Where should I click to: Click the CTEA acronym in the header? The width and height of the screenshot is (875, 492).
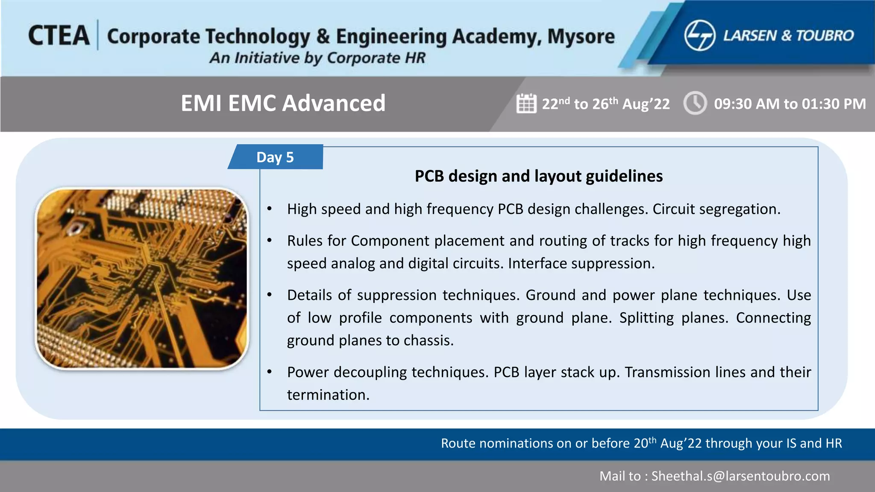(59, 35)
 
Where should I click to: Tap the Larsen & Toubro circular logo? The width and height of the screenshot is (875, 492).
(699, 36)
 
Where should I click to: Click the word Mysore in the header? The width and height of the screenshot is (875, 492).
(581, 37)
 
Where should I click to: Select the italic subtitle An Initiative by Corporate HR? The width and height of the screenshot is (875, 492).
(317, 58)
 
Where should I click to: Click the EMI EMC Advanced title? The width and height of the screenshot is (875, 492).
(283, 103)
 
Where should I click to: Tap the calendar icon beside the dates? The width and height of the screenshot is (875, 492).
(526, 103)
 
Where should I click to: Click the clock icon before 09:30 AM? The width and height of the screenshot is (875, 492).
(695, 103)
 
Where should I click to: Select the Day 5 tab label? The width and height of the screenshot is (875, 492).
(275, 157)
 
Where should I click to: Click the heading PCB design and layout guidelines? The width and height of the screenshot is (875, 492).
(538, 176)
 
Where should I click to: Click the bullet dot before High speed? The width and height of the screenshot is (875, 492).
(270, 209)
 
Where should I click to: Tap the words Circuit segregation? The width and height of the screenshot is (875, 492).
(716, 209)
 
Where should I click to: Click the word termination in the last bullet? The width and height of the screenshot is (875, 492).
(328, 395)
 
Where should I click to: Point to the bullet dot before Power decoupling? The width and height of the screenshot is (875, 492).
(270, 372)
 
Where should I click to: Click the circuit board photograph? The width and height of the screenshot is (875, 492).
(142, 278)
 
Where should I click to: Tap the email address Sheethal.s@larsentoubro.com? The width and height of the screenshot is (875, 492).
(740, 476)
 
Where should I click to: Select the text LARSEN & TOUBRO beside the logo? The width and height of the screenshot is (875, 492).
(788, 36)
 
